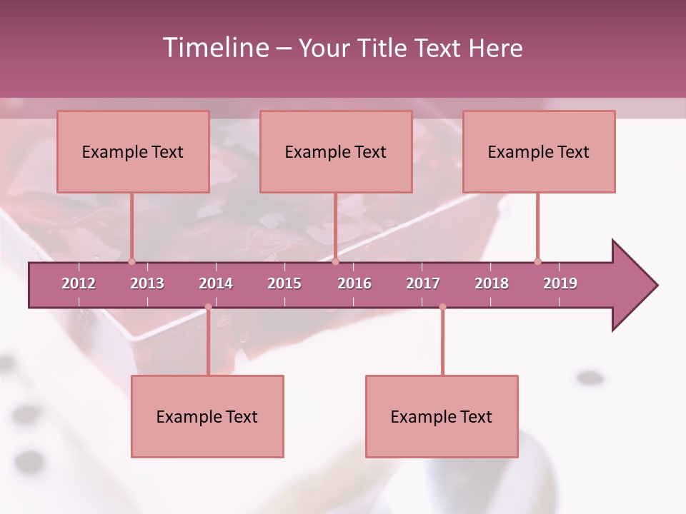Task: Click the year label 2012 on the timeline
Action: click(79, 283)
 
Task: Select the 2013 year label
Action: click(147, 283)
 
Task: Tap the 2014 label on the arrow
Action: click(216, 283)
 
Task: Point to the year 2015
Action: click(284, 283)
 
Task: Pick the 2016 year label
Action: click(354, 283)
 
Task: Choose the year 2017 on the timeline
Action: click(423, 283)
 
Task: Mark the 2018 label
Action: click(492, 283)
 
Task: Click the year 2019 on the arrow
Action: click(560, 283)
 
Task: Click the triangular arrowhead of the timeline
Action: click(632, 286)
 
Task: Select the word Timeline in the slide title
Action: click(214, 48)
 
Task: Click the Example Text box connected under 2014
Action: click(207, 416)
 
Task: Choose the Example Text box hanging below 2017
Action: click(442, 416)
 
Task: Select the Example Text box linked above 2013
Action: click(133, 151)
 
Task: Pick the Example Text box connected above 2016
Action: click(336, 151)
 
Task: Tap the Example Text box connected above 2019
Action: click(539, 151)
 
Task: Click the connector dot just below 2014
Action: click(208, 307)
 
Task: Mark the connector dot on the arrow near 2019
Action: click(537, 261)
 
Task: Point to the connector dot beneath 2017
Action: click(442, 307)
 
